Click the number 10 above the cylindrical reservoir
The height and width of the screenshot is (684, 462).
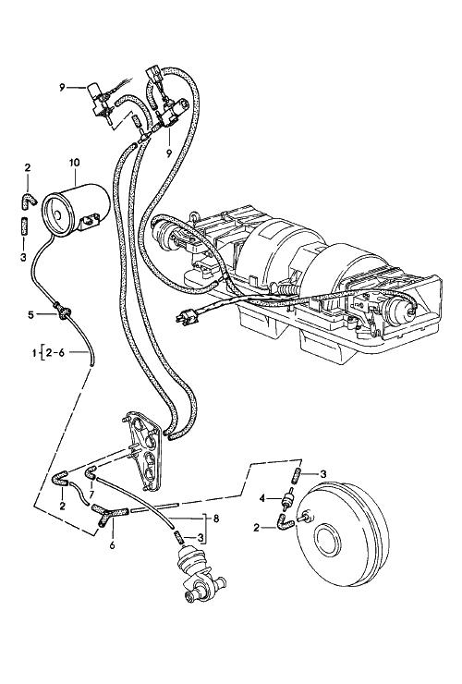click(74, 163)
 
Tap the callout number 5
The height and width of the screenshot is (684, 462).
click(30, 314)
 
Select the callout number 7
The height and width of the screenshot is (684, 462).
click(91, 494)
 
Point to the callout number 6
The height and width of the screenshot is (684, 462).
click(112, 545)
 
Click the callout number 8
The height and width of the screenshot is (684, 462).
click(216, 519)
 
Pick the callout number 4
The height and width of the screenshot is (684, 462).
click(262, 498)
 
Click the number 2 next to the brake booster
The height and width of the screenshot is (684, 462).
click(256, 528)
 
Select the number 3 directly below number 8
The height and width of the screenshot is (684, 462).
click(200, 538)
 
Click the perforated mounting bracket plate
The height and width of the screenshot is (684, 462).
click(144, 451)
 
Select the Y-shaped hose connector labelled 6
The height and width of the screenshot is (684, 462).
click(109, 513)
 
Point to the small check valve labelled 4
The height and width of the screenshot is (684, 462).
click(287, 500)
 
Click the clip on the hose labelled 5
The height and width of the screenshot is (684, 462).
click(64, 311)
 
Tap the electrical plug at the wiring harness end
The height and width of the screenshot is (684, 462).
click(186, 317)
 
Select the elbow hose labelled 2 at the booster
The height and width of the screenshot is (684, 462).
click(285, 521)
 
